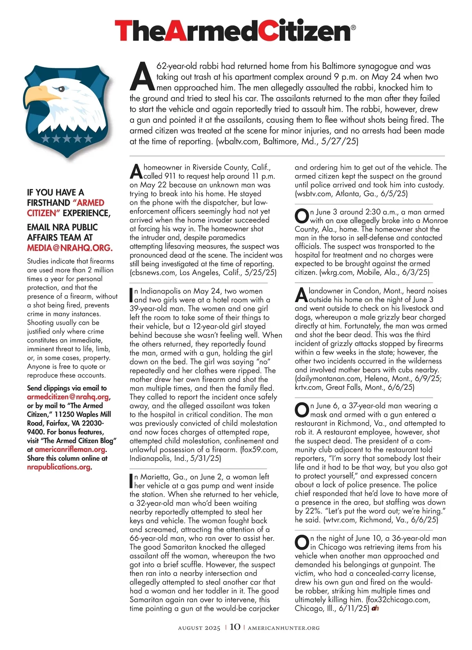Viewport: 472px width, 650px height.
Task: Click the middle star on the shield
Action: click(67, 138)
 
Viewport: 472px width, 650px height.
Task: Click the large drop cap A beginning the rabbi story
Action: click(142, 76)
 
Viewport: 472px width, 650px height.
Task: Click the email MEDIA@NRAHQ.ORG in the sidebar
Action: click(70, 248)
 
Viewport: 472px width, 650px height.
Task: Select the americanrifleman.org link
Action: click(70, 449)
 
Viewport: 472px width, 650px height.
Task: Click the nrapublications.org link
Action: click(59, 467)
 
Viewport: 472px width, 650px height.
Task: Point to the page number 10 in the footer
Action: click(235, 627)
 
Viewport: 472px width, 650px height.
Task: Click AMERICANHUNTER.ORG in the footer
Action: click(284, 628)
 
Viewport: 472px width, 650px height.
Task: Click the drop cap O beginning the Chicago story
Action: click(302, 543)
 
